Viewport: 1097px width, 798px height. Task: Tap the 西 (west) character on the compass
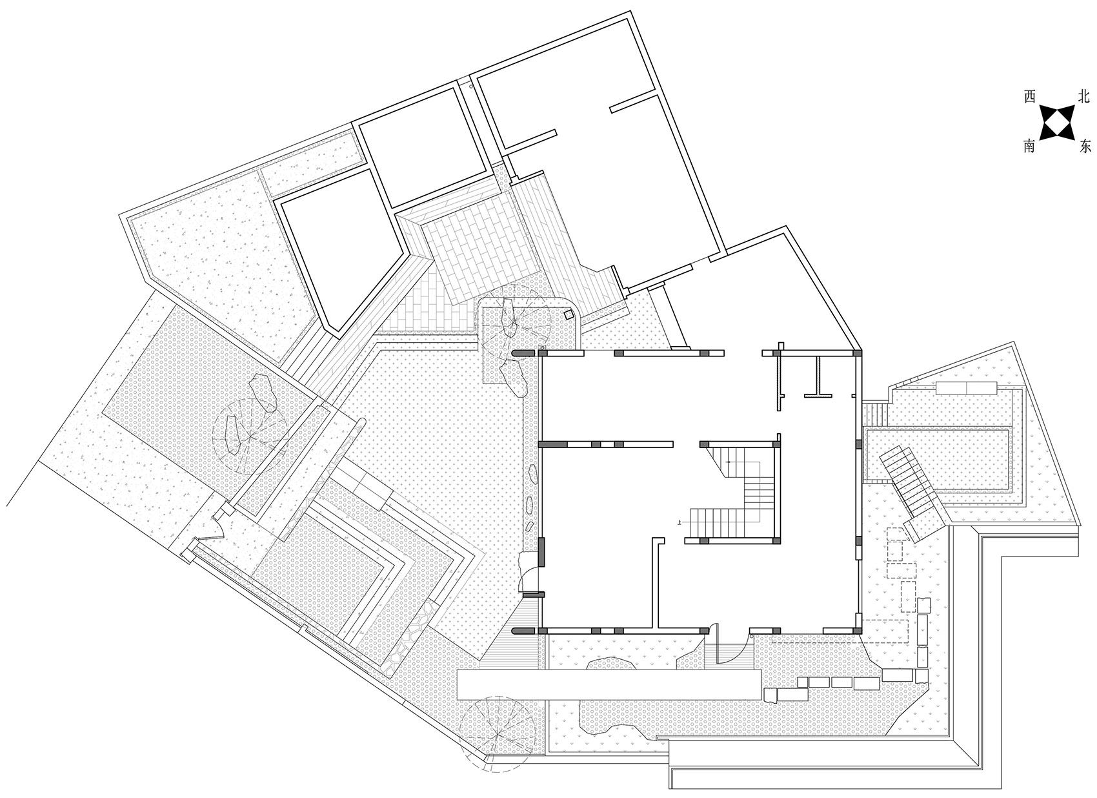(x=1030, y=97)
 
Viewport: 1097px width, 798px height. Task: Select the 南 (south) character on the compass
(x=1029, y=145)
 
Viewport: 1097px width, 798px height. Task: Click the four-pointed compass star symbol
(x=1056, y=122)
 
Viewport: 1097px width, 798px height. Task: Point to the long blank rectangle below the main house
(x=609, y=685)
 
